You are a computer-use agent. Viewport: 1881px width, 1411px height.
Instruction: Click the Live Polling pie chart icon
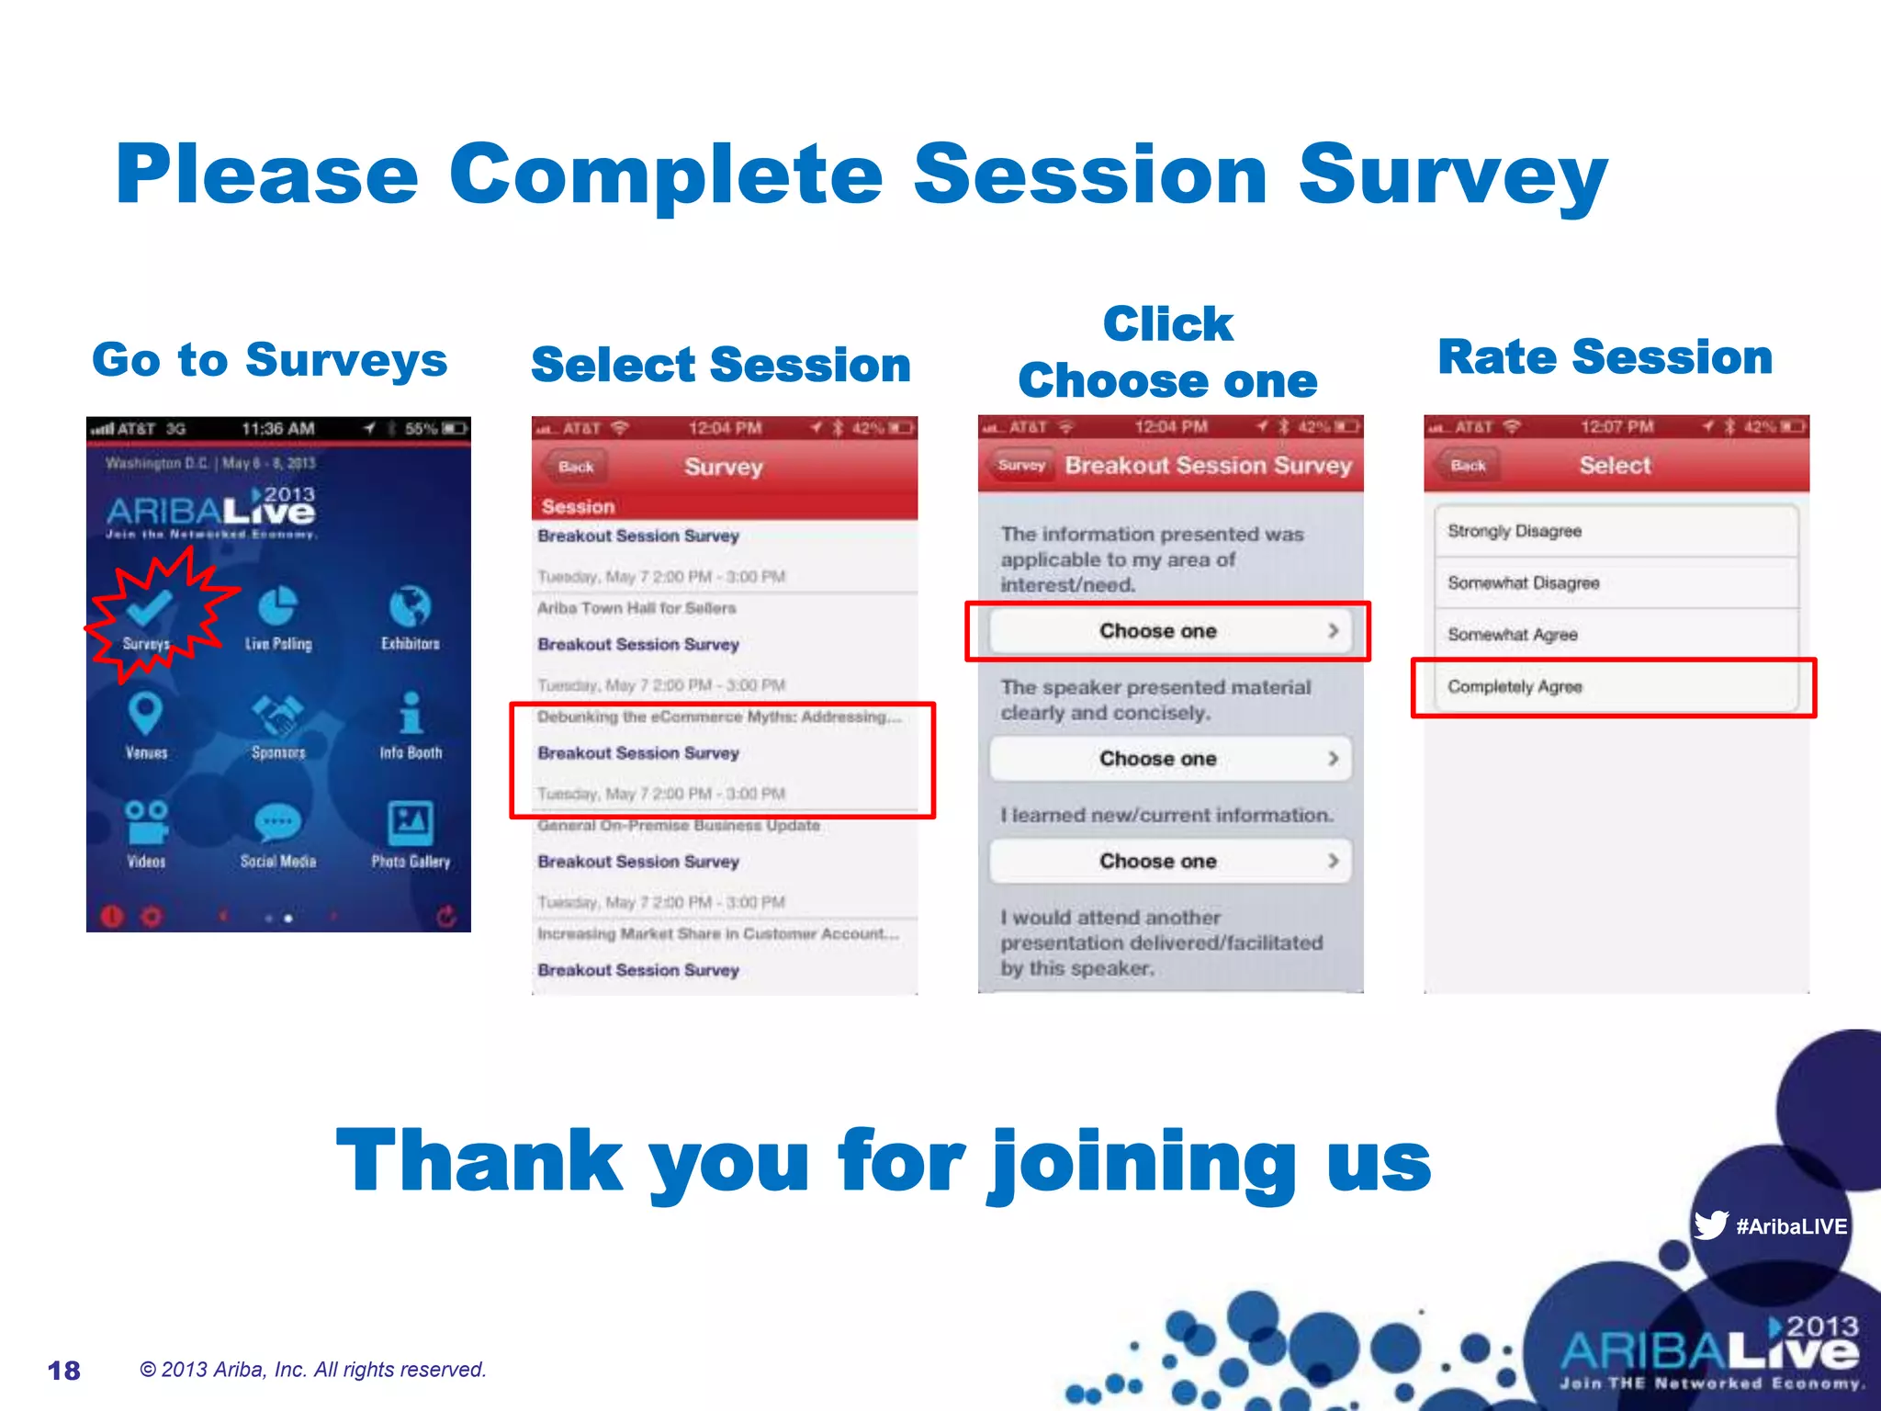point(277,607)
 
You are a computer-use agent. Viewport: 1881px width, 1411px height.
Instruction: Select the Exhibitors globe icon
point(410,607)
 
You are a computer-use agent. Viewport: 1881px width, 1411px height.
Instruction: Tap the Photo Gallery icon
point(410,822)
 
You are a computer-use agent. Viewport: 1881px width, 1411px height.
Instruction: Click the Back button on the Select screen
point(1467,466)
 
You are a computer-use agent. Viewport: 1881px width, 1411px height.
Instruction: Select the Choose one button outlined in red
point(1168,631)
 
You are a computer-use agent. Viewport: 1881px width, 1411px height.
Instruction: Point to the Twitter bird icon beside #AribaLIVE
point(1710,1225)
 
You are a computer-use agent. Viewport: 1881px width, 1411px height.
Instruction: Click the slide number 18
point(64,1371)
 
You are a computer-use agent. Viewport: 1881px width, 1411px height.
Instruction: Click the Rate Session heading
point(1605,356)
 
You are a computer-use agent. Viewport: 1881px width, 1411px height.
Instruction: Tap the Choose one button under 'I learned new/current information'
point(1168,861)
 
